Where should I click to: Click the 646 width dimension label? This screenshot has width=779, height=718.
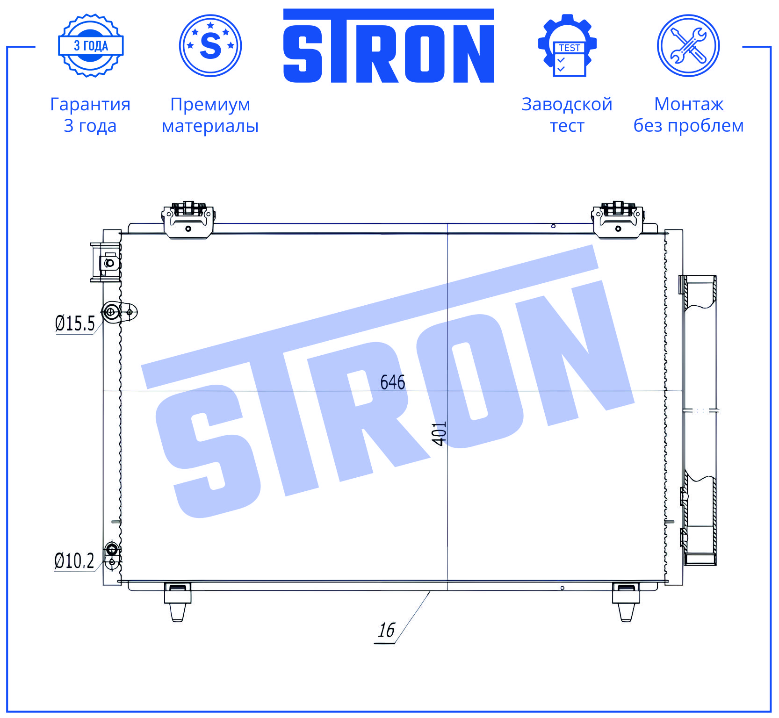point(392,382)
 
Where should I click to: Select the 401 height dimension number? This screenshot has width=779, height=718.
point(439,433)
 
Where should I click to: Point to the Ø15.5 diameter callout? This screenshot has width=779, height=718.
point(75,323)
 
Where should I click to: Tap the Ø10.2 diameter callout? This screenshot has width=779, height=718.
point(74,560)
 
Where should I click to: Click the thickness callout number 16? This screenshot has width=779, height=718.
point(386,630)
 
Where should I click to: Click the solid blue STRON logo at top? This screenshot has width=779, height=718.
point(389,46)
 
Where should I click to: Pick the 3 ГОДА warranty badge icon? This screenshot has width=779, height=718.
point(91,45)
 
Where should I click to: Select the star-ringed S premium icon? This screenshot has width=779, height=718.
point(210,45)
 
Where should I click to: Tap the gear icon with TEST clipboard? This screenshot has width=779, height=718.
point(567,45)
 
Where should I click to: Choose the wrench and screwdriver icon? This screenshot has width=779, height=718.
point(688,45)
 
